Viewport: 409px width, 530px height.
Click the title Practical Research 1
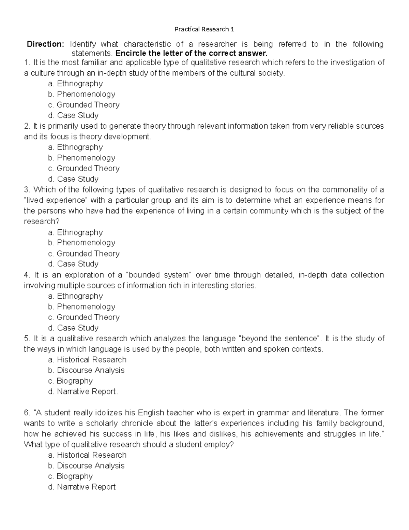tap(204, 29)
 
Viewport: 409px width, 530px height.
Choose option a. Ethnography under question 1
tap(75, 84)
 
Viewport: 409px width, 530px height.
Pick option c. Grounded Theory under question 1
tap(84, 105)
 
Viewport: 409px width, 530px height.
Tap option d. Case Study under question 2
tap(73, 179)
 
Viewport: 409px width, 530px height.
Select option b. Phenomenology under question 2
tap(81, 158)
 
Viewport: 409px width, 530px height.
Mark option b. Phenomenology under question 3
tap(81, 243)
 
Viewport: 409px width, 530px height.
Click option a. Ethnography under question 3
tap(75, 232)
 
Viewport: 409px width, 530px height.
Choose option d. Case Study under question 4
tap(73, 328)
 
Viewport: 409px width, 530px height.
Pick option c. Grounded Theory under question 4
tap(84, 317)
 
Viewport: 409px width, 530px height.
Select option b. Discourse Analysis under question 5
tap(86, 370)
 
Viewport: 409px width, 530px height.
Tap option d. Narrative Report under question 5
tap(83, 391)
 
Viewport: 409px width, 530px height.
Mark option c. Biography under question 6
tap(70, 476)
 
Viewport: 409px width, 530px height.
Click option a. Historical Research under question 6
tap(87, 455)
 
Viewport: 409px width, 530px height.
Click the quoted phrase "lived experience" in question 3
tap(55, 200)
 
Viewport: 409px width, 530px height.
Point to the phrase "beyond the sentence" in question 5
tap(281, 339)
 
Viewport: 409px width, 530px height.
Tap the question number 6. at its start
tap(27, 413)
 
